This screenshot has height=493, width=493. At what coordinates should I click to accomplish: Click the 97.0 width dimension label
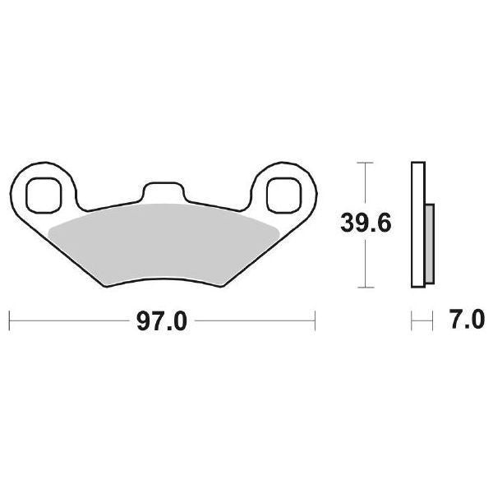pyautogui.click(x=162, y=320)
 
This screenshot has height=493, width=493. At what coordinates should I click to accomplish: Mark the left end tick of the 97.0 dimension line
pyautogui.click(x=9, y=319)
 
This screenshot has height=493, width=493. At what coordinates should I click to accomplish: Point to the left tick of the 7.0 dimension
pyautogui.click(x=411, y=319)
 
